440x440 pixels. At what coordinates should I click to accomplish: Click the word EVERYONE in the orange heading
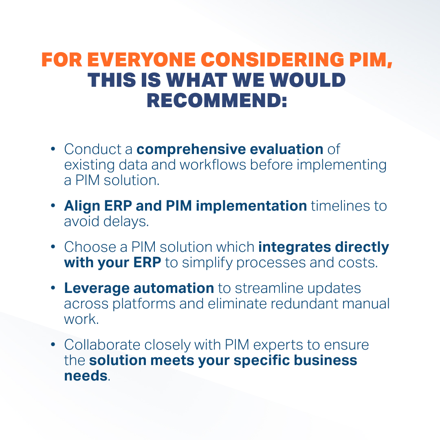141,60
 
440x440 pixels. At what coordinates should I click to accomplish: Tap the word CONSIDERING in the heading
272,60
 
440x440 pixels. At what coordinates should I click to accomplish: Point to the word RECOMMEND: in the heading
217,100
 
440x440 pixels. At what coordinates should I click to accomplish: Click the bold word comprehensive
191,150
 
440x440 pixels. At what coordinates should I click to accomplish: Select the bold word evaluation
286,149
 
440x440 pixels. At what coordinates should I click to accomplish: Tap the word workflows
213,165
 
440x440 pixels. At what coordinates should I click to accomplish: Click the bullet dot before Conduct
53,149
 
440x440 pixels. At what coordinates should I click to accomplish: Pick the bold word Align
82,206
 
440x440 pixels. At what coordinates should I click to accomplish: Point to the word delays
126,221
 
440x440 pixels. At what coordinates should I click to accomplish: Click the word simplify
207,263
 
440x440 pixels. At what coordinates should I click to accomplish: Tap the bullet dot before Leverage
53,288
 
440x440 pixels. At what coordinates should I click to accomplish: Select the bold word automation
174,288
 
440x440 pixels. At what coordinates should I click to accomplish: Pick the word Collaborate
102,345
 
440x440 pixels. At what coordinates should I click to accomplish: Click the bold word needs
86,376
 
